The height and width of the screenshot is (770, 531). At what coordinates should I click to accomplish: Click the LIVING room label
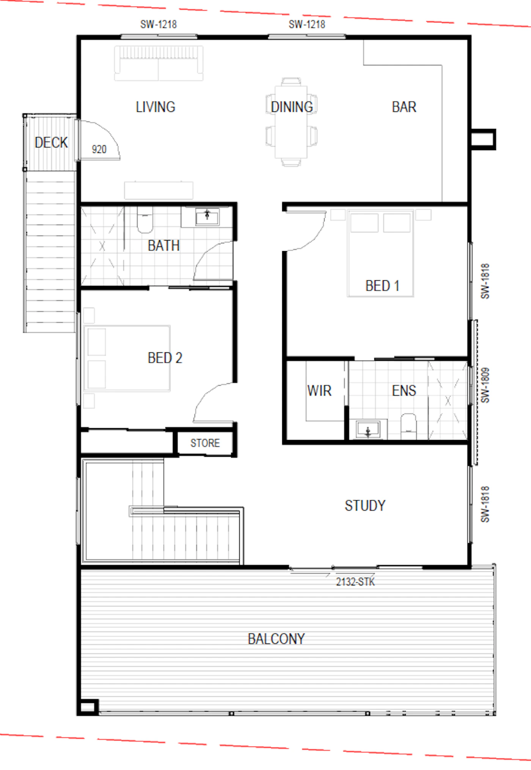point(156,107)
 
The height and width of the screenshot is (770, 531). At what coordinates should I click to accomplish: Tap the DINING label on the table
point(292,107)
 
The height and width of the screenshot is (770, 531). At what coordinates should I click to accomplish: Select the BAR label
point(404,107)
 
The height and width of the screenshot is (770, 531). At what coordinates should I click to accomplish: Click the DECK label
point(51,143)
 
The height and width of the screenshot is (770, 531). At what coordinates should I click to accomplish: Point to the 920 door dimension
point(99,149)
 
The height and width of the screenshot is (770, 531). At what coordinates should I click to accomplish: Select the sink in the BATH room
point(207,217)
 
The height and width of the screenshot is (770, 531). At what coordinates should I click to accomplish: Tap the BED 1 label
point(382,286)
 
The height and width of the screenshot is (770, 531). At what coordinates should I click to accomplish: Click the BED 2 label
point(165,358)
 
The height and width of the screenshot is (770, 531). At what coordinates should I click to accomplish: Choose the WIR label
point(319,390)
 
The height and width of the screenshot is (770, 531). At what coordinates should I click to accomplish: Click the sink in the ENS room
point(368,429)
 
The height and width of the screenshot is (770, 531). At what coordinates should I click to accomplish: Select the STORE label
point(205,443)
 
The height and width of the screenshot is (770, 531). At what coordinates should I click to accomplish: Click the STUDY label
point(365,505)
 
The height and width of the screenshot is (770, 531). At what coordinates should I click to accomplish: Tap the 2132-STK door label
point(355,582)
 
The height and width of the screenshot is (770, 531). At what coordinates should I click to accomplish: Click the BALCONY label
point(276,639)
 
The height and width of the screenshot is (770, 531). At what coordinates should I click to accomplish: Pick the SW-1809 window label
point(485,385)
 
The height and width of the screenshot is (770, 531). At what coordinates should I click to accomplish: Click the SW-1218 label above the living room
point(159,24)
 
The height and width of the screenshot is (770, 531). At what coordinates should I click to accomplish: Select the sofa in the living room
point(159,63)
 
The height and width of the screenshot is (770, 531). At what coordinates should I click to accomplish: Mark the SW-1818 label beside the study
point(485,504)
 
